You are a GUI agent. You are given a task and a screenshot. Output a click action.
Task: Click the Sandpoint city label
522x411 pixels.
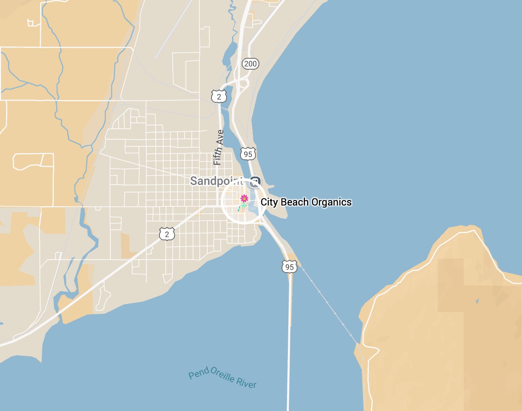click(x=216, y=181)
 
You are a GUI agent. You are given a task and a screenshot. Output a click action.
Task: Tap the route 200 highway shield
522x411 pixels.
click(x=250, y=64)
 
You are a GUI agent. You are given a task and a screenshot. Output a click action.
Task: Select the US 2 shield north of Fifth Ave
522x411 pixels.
click(x=219, y=97)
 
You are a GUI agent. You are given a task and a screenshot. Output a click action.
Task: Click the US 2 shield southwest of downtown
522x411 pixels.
click(x=167, y=234)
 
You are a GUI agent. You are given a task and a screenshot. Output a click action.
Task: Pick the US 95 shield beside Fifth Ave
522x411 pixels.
click(x=248, y=154)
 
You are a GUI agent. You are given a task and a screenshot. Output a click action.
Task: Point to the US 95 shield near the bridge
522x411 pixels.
click(x=289, y=267)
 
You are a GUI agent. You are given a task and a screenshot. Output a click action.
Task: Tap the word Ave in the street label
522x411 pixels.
click(x=220, y=136)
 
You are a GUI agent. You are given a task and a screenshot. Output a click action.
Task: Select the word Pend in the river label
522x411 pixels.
click(x=198, y=373)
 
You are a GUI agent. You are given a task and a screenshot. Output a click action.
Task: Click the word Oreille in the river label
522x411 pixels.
click(x=222, y=375)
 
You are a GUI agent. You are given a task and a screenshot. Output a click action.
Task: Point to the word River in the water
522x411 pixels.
click(x=246, y=382)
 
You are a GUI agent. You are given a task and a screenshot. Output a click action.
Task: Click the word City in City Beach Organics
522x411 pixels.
click(x=269, y=202)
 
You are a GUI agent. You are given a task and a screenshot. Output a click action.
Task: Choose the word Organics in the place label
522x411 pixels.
click(x=331, y=202)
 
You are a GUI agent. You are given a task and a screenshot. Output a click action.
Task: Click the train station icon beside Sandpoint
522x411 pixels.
click(x=255, y=182)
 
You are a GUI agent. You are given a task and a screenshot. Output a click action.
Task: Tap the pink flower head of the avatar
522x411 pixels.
click(x=244, y=198)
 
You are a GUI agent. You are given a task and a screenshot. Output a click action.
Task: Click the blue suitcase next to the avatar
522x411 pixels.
click(x=239, y=208)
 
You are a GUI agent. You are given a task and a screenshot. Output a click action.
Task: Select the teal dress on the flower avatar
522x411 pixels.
click(x=244, y=205)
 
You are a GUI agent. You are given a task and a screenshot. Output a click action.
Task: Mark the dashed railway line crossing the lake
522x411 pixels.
click(x=327, y=302)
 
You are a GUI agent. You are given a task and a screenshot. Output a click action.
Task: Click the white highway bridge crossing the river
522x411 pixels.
click(x=289, y=336)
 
